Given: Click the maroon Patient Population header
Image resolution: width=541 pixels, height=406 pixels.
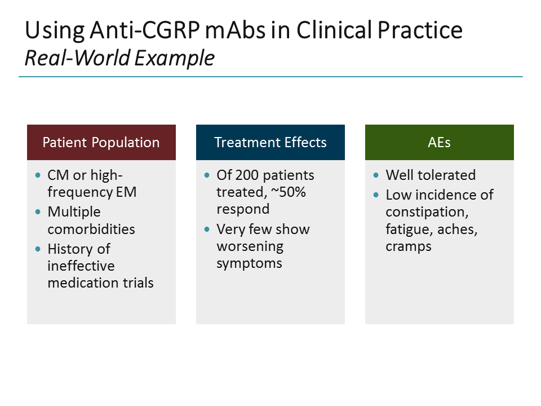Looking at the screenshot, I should [x=101, y=142].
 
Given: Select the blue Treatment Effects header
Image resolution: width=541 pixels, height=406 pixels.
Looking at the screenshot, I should [x=270, y=142].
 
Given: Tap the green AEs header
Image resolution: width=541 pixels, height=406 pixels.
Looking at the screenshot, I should [x=440, y=142].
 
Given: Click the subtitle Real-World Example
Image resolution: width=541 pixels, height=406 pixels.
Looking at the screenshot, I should [x=119, y=58].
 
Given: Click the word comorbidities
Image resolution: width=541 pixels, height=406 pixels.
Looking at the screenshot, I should [x=91, y=229].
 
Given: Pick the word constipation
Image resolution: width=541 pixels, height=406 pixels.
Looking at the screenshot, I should [x=425, y=212].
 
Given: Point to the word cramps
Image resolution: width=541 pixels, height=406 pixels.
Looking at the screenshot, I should [x=409, y=246].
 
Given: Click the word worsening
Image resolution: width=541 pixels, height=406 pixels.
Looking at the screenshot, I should [x=250, y=246].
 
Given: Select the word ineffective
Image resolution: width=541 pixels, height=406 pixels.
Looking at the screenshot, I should [x=81, y=266].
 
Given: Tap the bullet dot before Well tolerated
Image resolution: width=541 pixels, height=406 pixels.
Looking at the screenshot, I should [x=376, y=175].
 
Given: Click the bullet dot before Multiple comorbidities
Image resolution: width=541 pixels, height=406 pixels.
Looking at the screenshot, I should [x=38, y=212].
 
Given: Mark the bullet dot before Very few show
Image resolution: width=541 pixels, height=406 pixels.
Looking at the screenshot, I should [x=207, y=230].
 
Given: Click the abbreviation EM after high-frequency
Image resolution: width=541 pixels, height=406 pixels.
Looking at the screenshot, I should [x=127, y=192].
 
